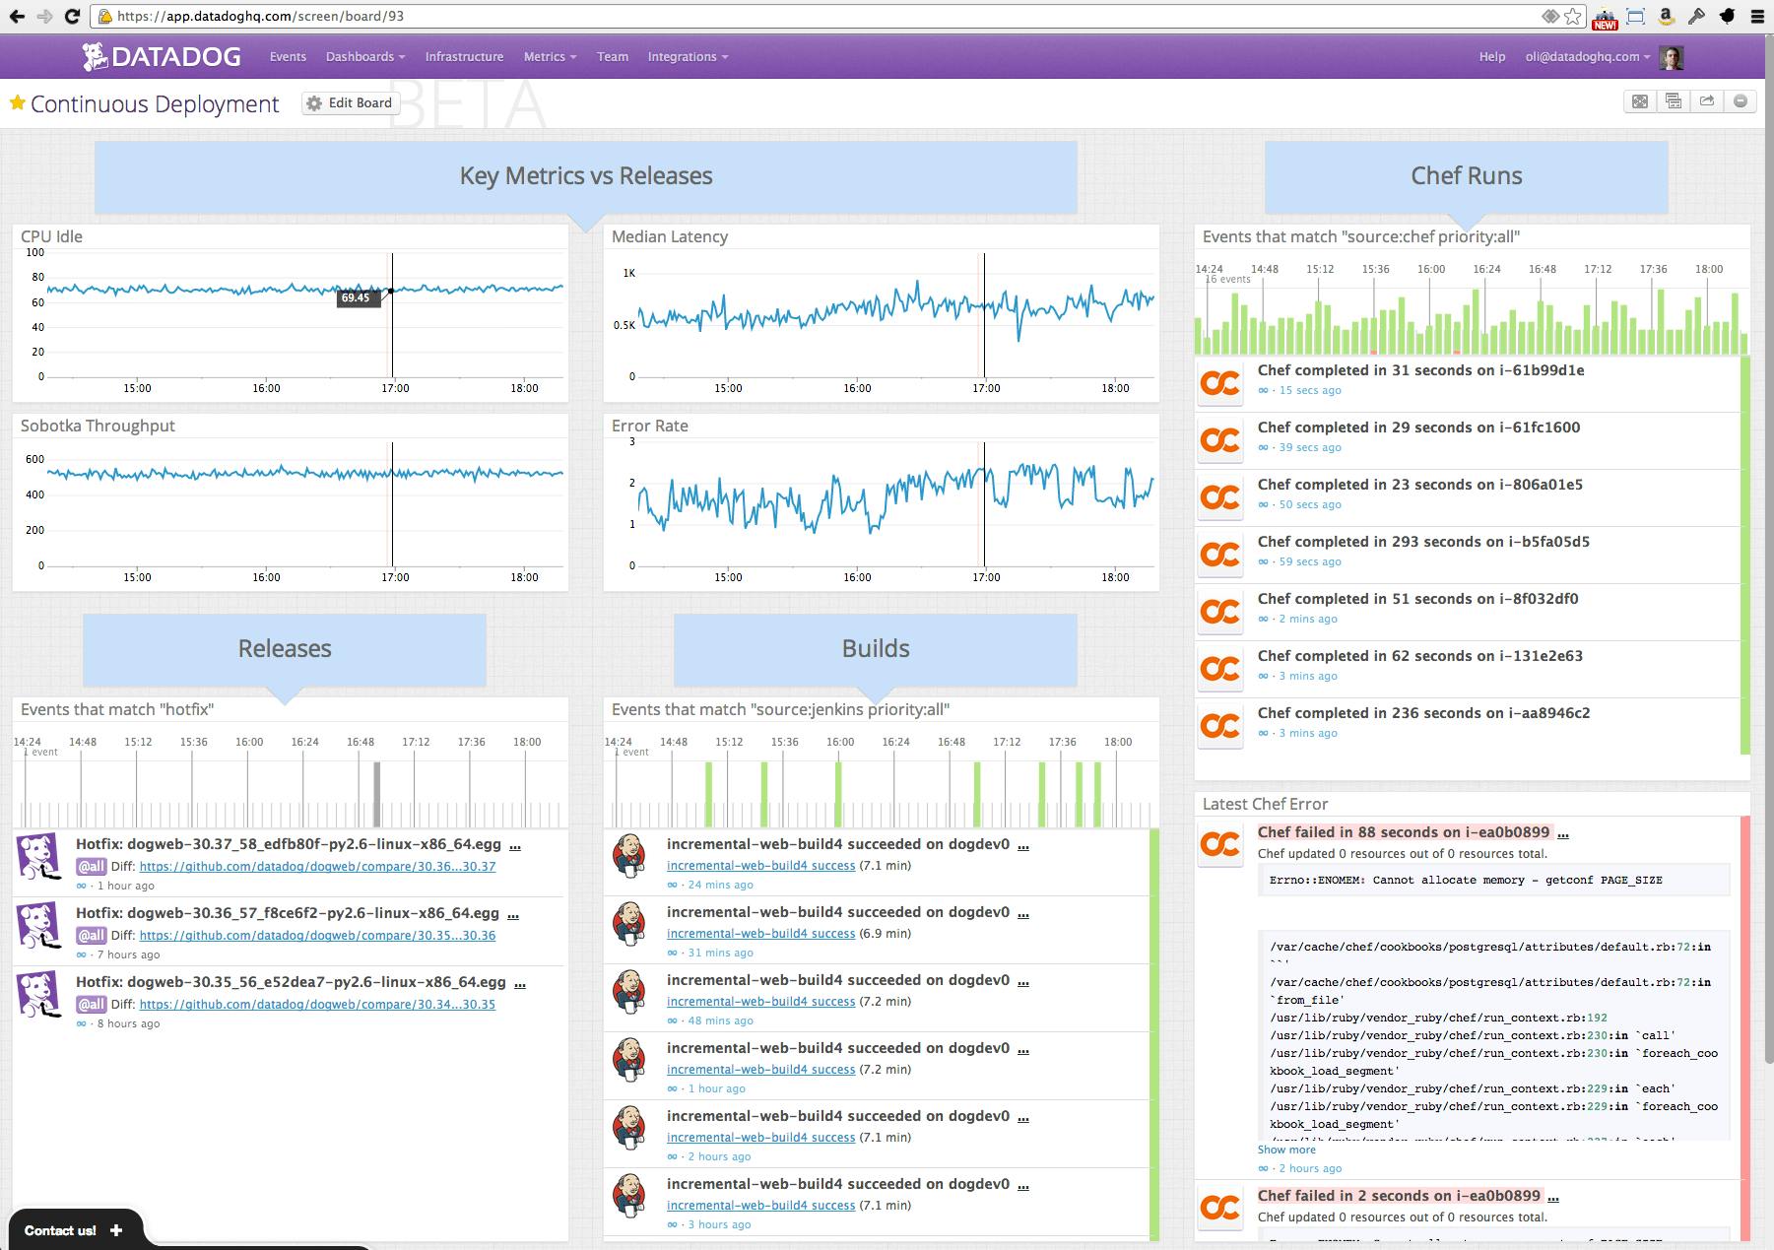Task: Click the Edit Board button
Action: (x=350, y=103)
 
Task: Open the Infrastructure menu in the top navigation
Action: (x=464, y=57)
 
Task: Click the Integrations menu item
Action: (x=687, y=57)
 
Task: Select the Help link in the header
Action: (x=1491, y=57)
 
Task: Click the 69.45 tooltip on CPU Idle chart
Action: (x=357, y=297)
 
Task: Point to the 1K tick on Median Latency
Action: (x=628, y=273)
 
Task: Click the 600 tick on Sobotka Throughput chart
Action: (x=34, y=459)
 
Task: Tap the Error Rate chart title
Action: (x=649, y=426)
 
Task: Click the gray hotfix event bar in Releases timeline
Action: (x=376, y=793)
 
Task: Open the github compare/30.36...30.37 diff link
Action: (x=317, y=867)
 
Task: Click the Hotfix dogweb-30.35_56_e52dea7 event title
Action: (x=291, y=982)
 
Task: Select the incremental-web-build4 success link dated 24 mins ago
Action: (x=760, y=866)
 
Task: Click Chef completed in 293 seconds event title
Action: (x=1423, y=542)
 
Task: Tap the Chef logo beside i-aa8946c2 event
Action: (x=1219, y=725)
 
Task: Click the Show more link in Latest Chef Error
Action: (x=1285, y=1150)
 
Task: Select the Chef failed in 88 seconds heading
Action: (x=1404, y=832)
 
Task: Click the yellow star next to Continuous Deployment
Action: (x=17, y=103)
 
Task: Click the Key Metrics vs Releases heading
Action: (x=585, y=176)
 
